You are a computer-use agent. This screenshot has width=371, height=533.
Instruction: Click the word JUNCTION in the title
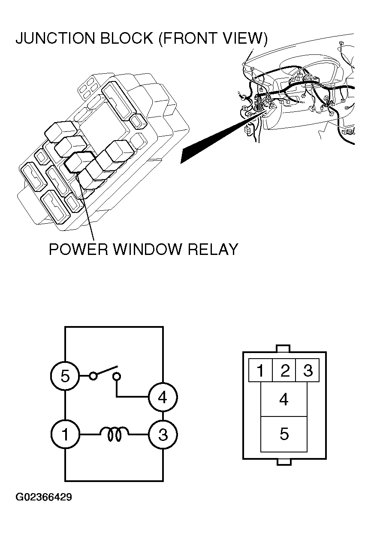click(x=55, y=38)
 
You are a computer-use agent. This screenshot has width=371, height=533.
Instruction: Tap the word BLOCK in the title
click(x=127, y=38)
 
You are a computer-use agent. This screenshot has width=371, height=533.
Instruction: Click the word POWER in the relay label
click(x=78, y=249)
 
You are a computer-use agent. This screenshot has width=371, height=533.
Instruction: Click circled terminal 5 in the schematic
click(x=65, y=376)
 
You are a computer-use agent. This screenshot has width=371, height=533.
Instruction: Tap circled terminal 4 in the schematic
click(x=163, y=397)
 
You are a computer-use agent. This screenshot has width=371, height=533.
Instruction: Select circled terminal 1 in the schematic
click(x=65, y=434)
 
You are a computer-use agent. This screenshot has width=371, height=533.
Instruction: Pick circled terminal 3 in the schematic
click(x=163, y=434)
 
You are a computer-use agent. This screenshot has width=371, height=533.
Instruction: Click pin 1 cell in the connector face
click(x=260, y=370)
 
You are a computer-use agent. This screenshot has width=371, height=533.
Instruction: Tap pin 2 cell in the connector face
click(x=284, y=370)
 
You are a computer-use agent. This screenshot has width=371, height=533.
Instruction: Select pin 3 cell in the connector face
click(x=307, y=370)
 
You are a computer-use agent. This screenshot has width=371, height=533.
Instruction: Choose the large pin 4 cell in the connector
click(x=284, y=399)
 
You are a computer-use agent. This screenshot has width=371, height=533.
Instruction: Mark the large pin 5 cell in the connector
click(x=284, y=434)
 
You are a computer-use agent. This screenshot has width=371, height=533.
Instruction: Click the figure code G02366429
click(x=44, y=497)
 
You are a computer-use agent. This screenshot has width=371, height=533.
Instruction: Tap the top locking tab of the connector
click(x=284, y=348)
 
